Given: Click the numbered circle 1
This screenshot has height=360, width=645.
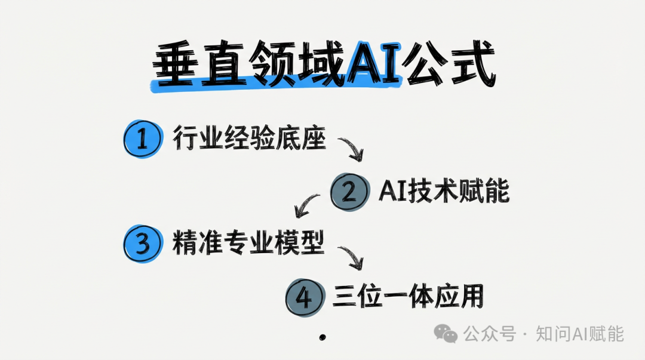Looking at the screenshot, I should coord(142,140).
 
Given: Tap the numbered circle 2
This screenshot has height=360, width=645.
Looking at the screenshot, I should coord(349,192).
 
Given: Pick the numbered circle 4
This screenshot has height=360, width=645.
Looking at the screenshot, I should coord(304,297).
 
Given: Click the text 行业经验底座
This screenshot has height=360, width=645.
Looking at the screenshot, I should coord(250,139).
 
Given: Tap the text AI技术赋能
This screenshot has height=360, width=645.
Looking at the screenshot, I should coord(444,191).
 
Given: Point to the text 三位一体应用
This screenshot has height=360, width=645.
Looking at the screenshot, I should coord(408,297).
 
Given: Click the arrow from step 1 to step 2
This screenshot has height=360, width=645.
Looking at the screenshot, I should coord(351,149).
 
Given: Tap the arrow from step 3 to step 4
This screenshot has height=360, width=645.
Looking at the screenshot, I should coord(351,257).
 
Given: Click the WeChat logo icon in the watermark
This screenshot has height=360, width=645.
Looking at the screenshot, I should coord(446,333).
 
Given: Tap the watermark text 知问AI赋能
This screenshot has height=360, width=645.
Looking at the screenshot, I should coord(579,333).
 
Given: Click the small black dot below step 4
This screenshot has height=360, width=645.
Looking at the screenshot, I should coord(322,337).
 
